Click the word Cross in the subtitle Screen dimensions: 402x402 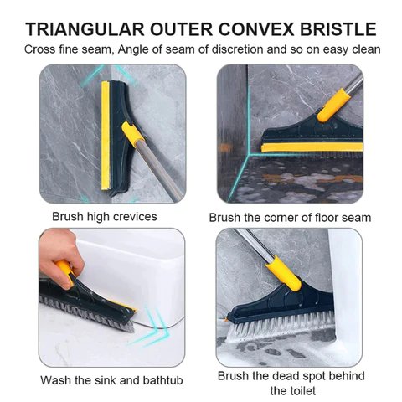tap(40, 49)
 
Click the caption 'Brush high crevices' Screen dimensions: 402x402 tap(105, 216)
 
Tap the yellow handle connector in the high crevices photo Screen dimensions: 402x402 tap(132, 134)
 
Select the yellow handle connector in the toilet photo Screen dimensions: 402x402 tap(283, 273)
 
